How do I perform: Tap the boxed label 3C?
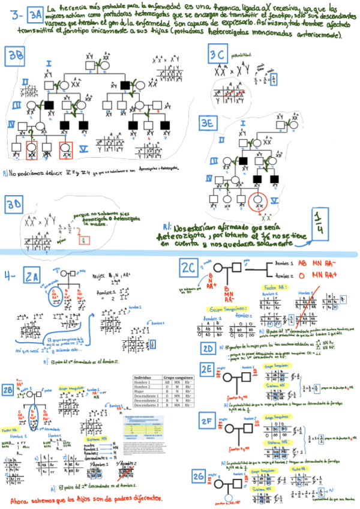pos(218,56)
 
